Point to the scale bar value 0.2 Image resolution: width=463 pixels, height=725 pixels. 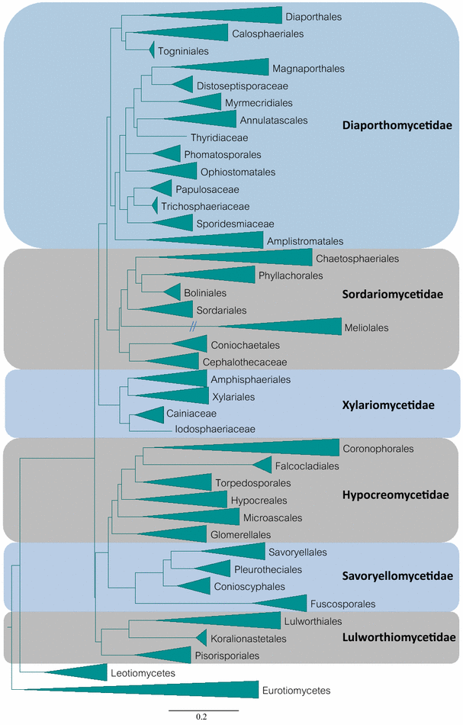coord(201,717)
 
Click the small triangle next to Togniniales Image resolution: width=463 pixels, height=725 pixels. coord(151,50)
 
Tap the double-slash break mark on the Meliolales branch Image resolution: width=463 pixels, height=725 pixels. coord(195,327)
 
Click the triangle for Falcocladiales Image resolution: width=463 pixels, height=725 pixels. coord(263,465)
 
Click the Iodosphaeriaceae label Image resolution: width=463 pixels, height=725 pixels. coord(217,429)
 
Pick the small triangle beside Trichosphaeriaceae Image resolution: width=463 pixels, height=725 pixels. coord(154,205)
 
